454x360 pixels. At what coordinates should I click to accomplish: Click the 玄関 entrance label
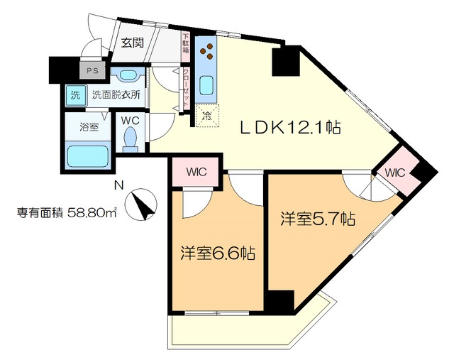pyautogui.click(x=133, y=43)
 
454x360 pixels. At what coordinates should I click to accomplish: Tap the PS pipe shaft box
pyautogui.click(x=92, y=70)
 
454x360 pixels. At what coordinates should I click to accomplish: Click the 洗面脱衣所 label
pyautogui.click(x=114, y=94)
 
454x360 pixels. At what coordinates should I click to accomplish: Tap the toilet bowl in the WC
pyautogui.click(x=130, y=141)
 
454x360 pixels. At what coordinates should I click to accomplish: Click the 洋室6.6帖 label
pyautogui.click(x=216, y=253)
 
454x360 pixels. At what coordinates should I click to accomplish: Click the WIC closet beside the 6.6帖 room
pyautogui.click(x=196, y=171)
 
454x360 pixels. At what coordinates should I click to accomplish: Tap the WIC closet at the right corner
pyautogui.click(x=394, y=173)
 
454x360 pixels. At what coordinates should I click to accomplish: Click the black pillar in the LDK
pyautogui.click(x=285, y=61)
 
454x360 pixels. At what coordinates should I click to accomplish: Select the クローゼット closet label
pyautogui.click(x=186, y=87)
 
